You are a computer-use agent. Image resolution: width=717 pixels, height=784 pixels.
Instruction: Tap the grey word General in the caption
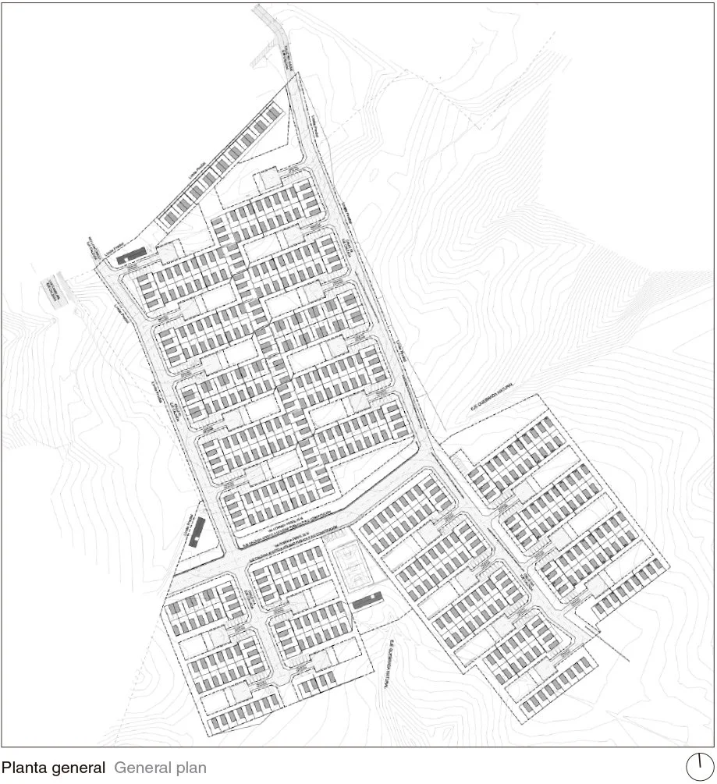(140, 768)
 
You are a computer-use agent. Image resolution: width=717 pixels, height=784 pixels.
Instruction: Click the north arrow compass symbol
(701, 765)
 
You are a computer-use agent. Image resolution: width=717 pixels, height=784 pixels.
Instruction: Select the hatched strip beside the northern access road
(286, 57)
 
